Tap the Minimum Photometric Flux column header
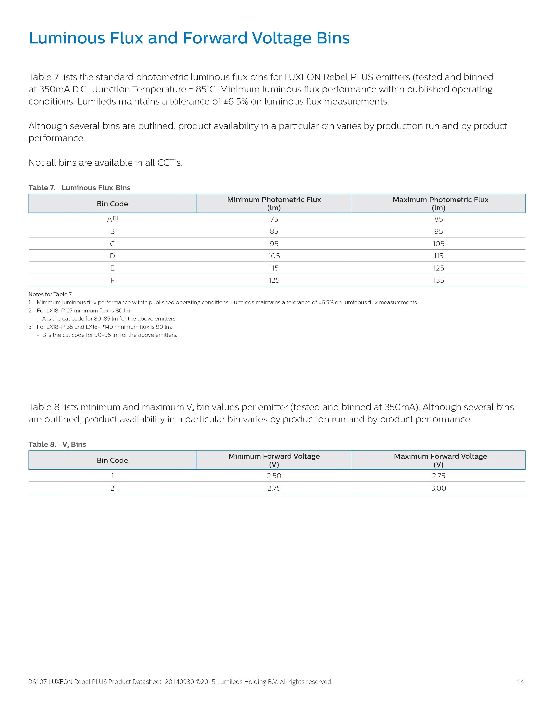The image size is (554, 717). (274, 204)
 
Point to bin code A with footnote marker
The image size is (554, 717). (112, 219)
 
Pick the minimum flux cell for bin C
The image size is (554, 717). (274, 244)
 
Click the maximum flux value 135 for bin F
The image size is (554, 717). (438, 280)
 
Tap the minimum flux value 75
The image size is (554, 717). (274, 219)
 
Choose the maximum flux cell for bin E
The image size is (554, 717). (438, 268)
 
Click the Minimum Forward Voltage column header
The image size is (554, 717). (274, 460)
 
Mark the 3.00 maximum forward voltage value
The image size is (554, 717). (438, 488)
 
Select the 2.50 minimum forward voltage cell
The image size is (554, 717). (274, 476)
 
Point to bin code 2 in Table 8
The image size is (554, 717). (112, 488)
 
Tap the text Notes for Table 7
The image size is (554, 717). (51, 294)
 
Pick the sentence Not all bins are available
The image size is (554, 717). (105, 163)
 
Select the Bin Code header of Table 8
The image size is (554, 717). (112, 460)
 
